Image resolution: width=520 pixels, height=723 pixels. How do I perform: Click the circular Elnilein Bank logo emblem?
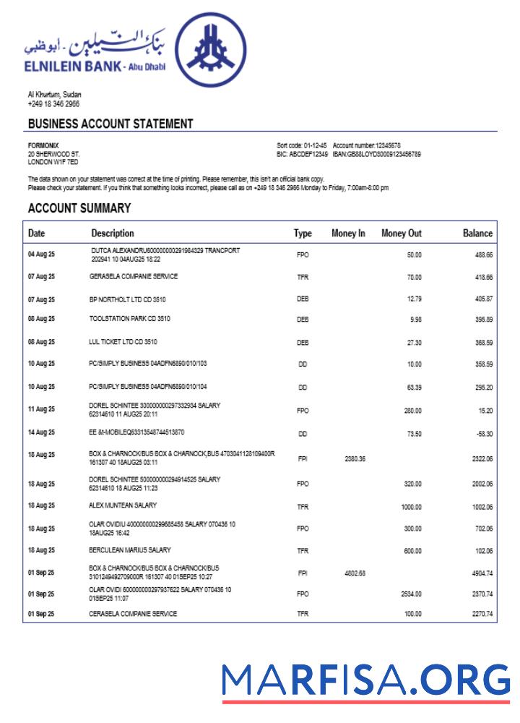point(214,55)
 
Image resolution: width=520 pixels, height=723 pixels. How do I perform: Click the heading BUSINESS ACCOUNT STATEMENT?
point(110,124)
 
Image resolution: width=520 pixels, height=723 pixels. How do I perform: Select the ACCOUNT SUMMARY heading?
point(79,208)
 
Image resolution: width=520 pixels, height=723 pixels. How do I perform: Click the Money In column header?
point(348,234)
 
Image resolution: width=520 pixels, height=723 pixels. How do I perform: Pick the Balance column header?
point(477,234)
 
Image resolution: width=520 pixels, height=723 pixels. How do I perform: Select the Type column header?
point(303,234)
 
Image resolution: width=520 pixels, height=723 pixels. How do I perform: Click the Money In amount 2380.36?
point(355,459)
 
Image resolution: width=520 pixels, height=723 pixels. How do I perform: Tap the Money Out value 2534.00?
point(409,594)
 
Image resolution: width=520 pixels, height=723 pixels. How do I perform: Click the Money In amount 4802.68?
point(355,573)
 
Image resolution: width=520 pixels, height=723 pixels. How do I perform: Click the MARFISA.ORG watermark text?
point(365,680)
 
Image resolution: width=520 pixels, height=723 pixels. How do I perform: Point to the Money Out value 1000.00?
point(411,508)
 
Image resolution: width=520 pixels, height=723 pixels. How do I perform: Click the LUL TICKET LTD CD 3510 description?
point(123,341)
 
